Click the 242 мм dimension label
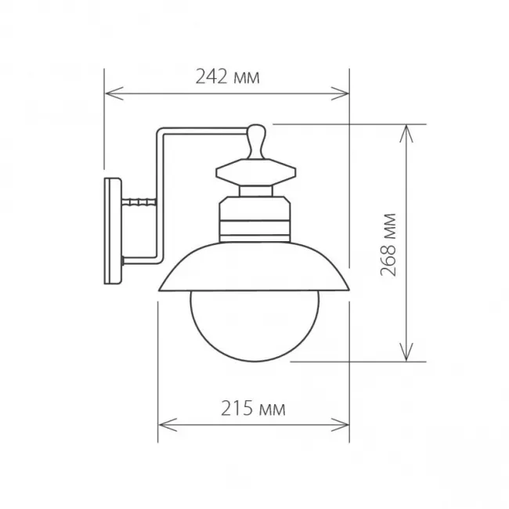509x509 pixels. pyautogui.click(x=228, y=78)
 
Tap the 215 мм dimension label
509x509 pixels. pyautogui.click(x=253, y=408)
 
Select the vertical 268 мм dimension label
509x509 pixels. pyautogui.click(x=388, y=245)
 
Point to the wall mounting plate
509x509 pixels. pyautogui.click(x=113, y=231)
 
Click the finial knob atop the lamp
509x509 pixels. pyautogui.click(x=256, y=142)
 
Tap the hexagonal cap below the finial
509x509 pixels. pyautogui.click(x=256, y=172)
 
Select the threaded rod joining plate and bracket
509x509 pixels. pyautogui.click(x=139, y=202)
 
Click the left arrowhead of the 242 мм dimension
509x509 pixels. pyautogui.click(x=114, y=93)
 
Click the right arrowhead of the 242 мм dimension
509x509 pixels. pyautogui.click(x=340, y=93)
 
